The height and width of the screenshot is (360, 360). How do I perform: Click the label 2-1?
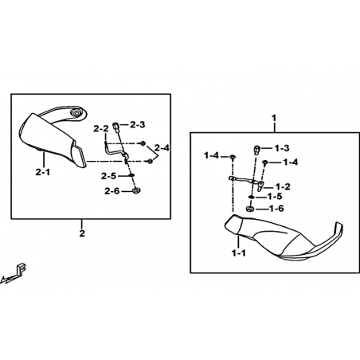tap(43, 172)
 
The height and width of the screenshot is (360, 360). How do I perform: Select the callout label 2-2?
tap(101, 129)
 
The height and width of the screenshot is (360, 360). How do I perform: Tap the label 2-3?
tap(138, 124)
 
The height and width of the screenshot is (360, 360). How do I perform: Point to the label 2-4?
tap(162, 147)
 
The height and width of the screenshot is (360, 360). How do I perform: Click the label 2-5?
tap(108, 176)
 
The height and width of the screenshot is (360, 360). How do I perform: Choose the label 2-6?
tap(112, 191)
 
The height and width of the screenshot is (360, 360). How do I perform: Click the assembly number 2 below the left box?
tap(82, 233)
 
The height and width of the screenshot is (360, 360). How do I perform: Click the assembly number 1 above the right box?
tap(274, 118)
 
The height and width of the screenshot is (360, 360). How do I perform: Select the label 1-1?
tap(239, 253)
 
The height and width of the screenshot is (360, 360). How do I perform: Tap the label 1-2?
tap(283, 186)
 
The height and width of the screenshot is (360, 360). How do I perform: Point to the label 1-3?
tap(282, 148)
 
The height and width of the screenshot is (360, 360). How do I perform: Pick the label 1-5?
tap(275, 197)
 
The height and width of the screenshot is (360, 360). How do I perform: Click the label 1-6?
tap(276, 209)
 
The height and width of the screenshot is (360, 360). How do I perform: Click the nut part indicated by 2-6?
tap(137, 190)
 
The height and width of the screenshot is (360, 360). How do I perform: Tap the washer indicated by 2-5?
tap(131, 175)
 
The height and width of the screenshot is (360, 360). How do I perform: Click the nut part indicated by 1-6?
tap(250, 209)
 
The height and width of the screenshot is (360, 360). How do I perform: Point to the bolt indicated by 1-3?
tap(257, 150)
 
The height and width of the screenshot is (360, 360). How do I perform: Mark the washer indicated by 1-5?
tap(251, 197)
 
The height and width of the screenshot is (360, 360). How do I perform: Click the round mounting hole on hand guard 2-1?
tap(76, 112)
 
